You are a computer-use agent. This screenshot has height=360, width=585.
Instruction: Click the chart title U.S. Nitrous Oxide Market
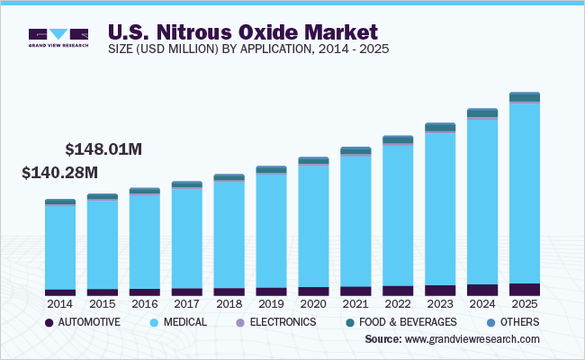point(244,34)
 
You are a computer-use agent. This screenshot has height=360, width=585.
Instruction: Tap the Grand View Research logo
point(58,37)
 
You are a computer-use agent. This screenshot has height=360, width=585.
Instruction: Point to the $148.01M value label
point(103,148)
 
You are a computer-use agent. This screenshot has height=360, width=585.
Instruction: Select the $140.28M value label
point(59,172)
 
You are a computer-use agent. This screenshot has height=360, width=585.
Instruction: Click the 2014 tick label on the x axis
point(60,303)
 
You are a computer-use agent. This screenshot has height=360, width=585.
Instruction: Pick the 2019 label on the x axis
point(271,303)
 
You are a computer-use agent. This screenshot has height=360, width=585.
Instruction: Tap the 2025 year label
point(525,303)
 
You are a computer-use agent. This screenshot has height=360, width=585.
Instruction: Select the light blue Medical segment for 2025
point(525,193)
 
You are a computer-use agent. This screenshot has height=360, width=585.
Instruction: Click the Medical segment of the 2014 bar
point(60,247)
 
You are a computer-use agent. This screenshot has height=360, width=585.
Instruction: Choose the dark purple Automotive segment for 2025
point(525,289)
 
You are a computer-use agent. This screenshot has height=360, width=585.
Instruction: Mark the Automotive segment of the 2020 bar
point(313,292)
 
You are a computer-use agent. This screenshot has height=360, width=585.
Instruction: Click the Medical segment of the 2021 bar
point(355,221)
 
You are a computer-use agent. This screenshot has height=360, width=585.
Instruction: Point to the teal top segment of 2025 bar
point(525,96)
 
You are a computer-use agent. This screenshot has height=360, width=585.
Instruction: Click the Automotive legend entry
point(81,321)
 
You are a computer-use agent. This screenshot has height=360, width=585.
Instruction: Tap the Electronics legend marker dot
point(239,322)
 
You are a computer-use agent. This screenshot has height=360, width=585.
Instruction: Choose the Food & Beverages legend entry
point(400,321)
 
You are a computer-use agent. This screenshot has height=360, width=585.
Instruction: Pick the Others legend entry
point(514,321)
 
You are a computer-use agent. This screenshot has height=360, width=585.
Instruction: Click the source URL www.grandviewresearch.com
point(472,339)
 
